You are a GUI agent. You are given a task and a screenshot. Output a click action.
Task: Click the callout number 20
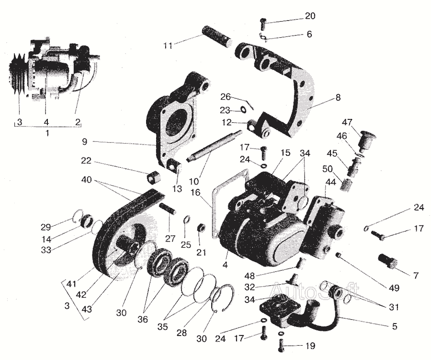310,16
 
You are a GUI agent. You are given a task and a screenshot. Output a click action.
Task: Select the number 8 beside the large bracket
338,96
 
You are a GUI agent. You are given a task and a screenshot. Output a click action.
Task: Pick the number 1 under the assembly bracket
46,132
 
